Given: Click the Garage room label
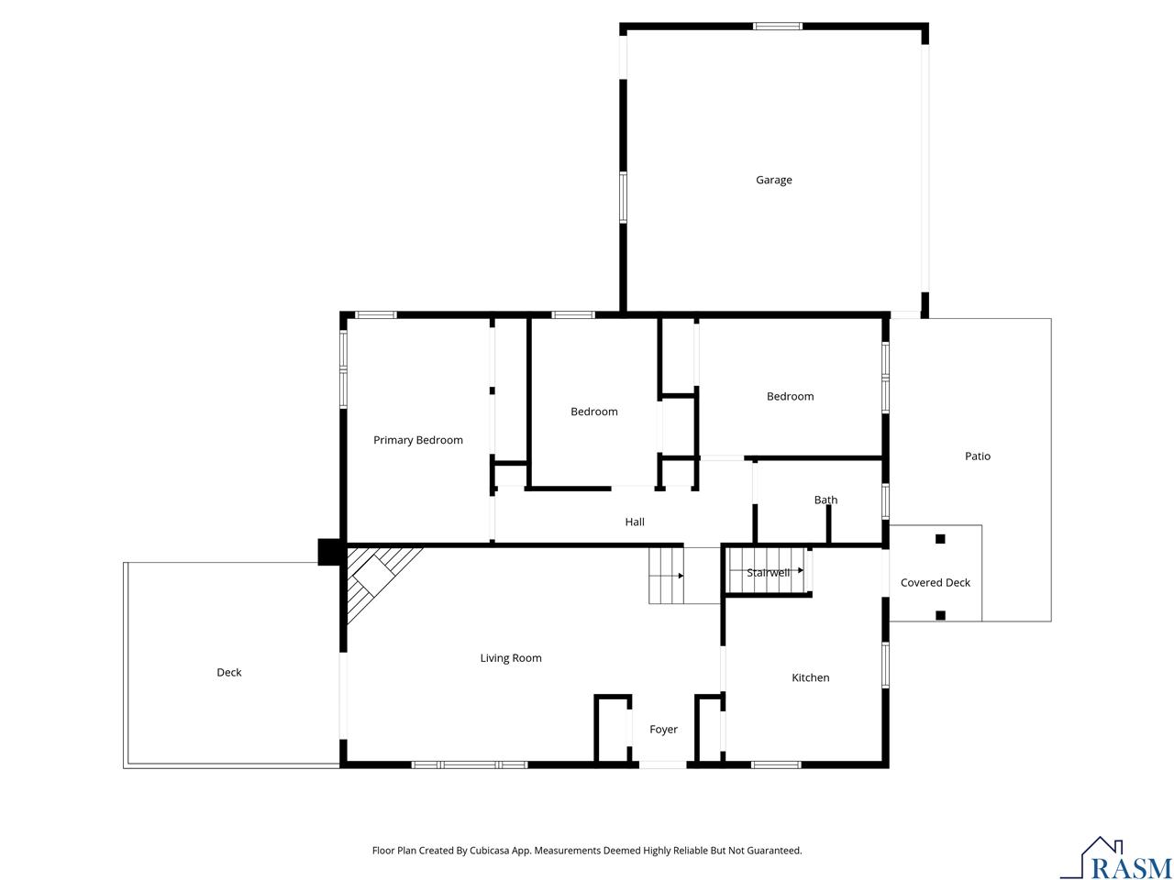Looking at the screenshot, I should (x=773, y=181).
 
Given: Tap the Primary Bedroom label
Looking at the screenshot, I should (x=417, y=440).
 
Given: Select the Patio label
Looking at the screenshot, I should (x=977, y=456).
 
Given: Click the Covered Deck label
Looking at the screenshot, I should (x=935, y=583).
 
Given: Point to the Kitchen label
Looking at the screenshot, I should (x=810, y=678).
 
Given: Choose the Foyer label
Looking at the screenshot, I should (x=663, y=730).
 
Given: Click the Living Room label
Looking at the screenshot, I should (x=511, y=658).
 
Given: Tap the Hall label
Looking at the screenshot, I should (x=635, y=522).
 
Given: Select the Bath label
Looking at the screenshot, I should (x=825, y=500).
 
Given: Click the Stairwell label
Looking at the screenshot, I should (x=768, y=573).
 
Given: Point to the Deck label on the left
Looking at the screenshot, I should (x=228, y=673).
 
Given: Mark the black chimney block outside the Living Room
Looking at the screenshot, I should (x=329, y=552).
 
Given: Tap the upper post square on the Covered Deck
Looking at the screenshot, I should (x=940, y=539).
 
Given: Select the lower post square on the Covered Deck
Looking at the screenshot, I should (x=940, y=615).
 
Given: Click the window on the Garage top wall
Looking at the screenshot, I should (x=778, y=27).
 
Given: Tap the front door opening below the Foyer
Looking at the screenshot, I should (x=662, y=764).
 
